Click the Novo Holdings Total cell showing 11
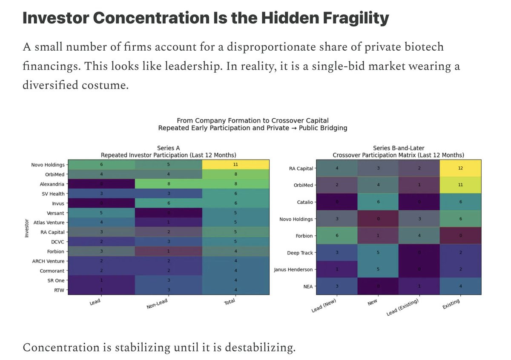pyautogui.click(x=235, y=164)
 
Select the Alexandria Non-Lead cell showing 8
pyautogui.click(x=168, y=183)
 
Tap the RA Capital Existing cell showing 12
pyautogui.click(x=459, y=169)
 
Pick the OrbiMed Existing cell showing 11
pyautogui.click(x=459, y=185)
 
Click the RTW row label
pyautogui.click(x=59, y=290)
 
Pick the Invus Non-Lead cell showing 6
pyautogui.click(x=168, y=203)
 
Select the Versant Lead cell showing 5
pyautogui.click(x=101, y=213)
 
